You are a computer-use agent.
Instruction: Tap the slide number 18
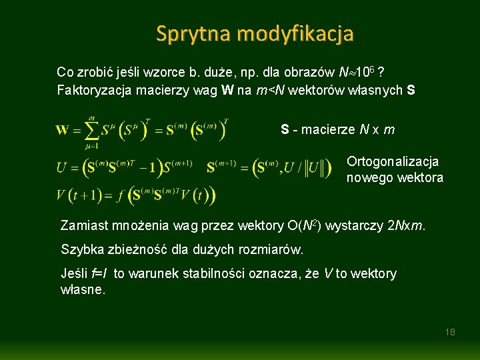pos(450,331)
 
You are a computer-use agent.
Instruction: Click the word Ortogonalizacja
pos(393,161)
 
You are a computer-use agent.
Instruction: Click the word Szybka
pos(80,250)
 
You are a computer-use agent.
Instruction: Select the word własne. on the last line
pos(83,290)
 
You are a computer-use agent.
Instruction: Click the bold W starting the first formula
pos(62,129)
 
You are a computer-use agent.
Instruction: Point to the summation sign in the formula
pos(91,129)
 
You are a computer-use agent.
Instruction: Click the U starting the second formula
pos(61,167)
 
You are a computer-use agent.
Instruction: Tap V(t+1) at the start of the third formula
pos(79,195)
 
